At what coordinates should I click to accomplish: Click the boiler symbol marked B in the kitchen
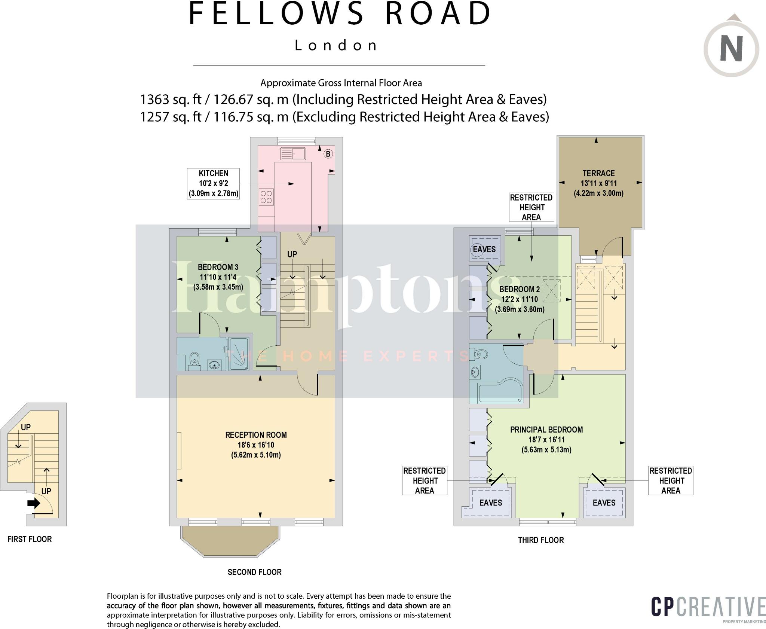[328, 154]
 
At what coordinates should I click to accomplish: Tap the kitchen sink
[293, 153]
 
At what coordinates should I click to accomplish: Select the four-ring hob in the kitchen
[266, 197]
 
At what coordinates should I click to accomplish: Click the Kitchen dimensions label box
[213, 183]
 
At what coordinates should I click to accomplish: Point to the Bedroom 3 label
[218, 277]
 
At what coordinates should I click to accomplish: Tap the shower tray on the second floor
[239, 354]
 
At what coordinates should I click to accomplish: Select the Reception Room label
[256, 445]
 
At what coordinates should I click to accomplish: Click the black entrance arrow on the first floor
[34, 503]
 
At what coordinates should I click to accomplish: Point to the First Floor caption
[30, 539]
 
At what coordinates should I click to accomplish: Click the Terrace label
[598, 183]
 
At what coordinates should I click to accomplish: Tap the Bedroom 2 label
[520, 299]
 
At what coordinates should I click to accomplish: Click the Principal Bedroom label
[546, 439]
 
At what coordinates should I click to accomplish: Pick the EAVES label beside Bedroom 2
[484, 249]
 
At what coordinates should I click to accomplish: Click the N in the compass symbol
[731, 49]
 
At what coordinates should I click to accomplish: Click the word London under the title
[336, 45]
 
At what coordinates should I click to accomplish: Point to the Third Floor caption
[541, 540]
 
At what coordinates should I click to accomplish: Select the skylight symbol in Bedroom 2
[551, 290]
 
